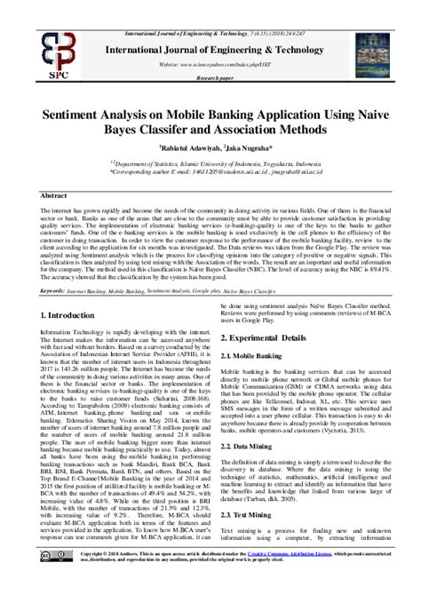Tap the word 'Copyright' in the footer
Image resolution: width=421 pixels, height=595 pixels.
tap(115, 551)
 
